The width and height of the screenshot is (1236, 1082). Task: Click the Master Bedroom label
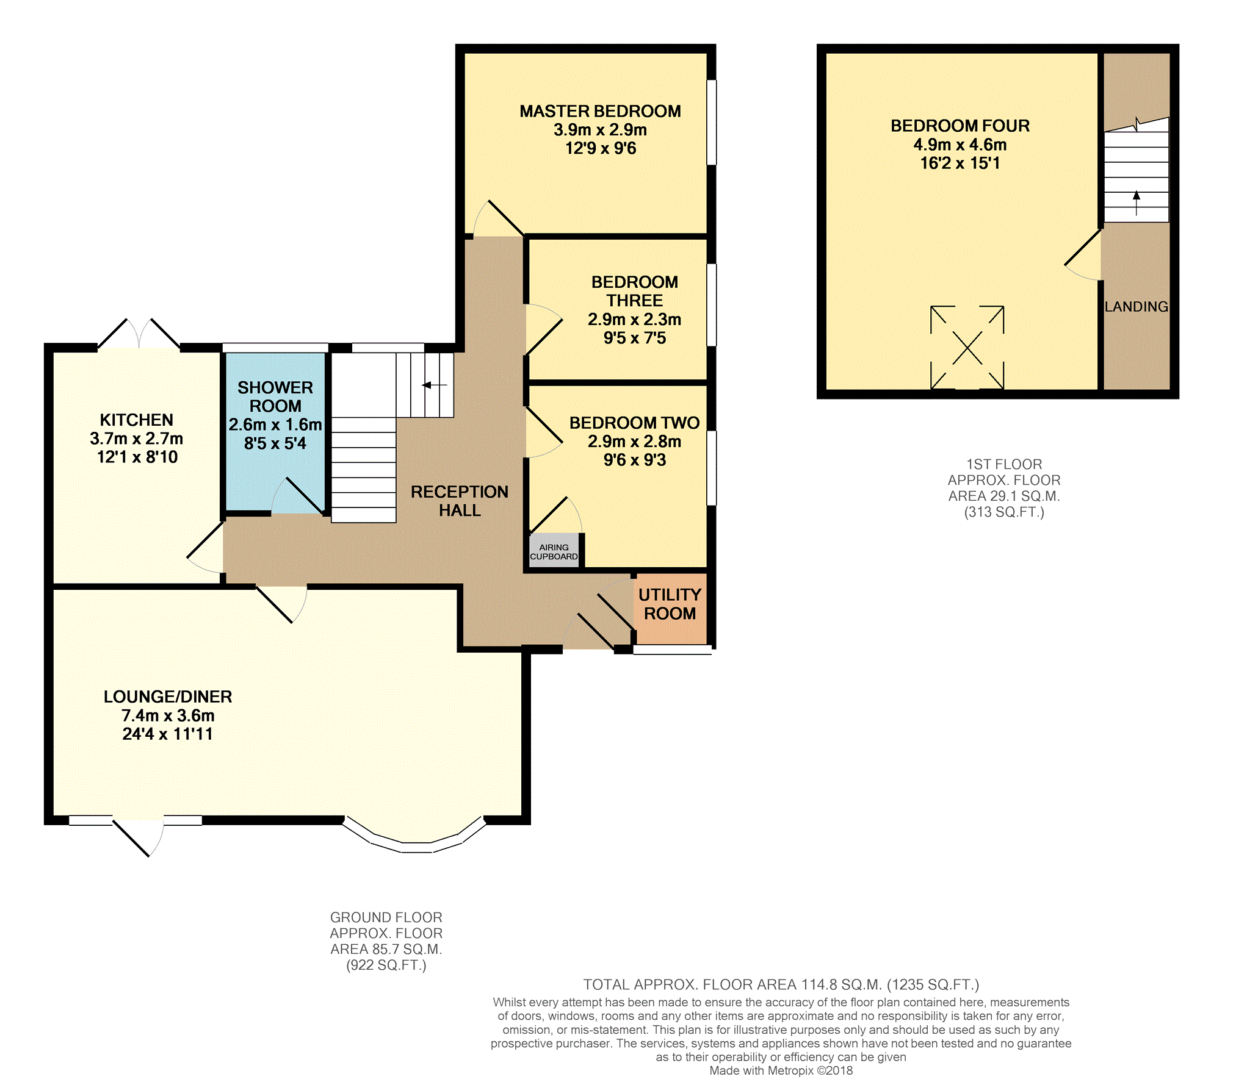pyautogui.click(x=600, y=111)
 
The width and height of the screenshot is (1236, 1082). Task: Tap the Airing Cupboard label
pyautogui.click(x=554, y=552)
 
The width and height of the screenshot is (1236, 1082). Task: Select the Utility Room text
pyautogui.click(x=670, y=604)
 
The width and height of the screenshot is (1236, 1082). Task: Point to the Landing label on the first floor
pyautogui.click(x=1137, y=307)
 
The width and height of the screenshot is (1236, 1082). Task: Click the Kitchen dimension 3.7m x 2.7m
pyautogui.click(x=137, y=439)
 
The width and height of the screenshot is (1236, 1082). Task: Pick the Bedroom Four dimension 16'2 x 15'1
pyautogui.click(x=960, y=163)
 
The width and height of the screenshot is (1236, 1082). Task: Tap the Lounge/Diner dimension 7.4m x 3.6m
pyautogui.click(x=168, y=715)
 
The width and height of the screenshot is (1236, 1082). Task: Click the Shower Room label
pyautogui.click(x=275, y=396)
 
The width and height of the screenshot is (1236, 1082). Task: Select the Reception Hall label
pyautogui.click(x=460, y=501)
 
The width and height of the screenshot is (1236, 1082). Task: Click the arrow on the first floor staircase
pyautogui.click(x=1137, y=203)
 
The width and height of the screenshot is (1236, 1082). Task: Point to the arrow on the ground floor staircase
pyautogui.click(x=435, y=385)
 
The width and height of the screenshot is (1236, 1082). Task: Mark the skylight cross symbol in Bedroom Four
pyautogui.click(x=967, y=347)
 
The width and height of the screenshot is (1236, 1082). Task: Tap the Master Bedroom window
pyautogui.click(x=712, y=122)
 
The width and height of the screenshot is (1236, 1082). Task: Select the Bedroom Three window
pyautogui.click(x=712, y=305)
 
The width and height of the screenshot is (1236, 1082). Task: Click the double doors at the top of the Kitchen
pyautogui.click(x=139, y=334)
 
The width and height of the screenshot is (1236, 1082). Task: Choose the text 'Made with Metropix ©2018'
pyautogui.click(x=781, y=1070)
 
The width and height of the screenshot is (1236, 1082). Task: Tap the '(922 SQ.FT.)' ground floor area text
pyautogui.click(x=386, y=965)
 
